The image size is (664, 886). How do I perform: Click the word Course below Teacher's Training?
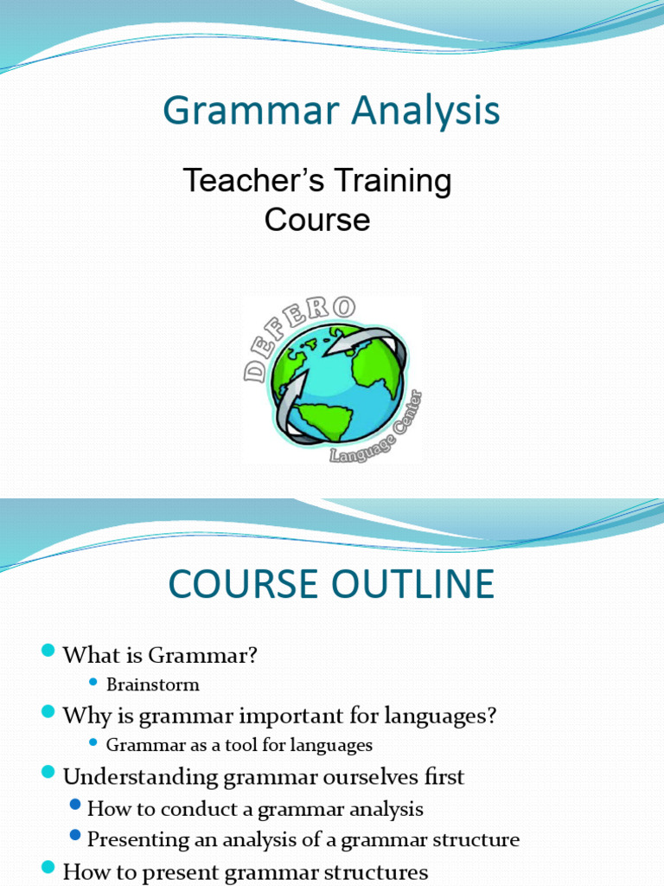pyautogui.click(x=317, y=220)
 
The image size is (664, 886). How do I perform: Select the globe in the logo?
pyautogui.click(x=337, y=381)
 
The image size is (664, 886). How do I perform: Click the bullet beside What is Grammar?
pyautogui.click(x=48, y=652)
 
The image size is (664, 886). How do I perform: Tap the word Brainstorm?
pyautogui.click(x=152, y=684)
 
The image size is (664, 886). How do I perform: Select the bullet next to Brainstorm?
pyautogui.click(x=94, y=684)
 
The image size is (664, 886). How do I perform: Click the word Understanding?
pyautogui.click(x=141, y=776)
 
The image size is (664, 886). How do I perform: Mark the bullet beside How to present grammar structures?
pyautogui.click(x=48, y=868)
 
